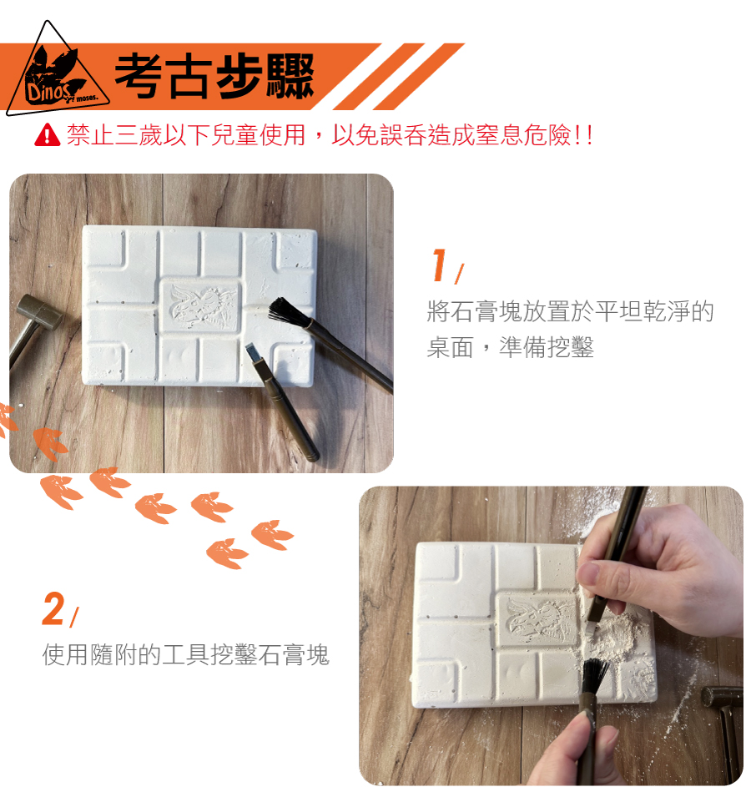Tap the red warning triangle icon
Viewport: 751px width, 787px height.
pyautogui.click(x=48, y=134)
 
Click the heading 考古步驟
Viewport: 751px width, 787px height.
pyautogui.click(x=214, y=76)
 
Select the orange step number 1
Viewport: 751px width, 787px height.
pyautogui.click(x=440, y=265)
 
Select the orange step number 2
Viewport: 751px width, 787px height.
pyautogui.click(x=53, y=609)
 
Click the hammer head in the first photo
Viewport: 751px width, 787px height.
pyautogui.click(x=39, y=311)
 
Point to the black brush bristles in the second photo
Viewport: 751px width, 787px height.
pyautogui.click(x=594, y=676)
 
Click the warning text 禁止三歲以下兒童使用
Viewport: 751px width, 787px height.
pyautogui.click(x=186, y=135)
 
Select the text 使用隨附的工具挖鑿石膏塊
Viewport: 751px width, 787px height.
pyautogui.click(x=185, y=654)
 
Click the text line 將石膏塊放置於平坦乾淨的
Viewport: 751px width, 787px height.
pyautogui.click(x=570, y=311)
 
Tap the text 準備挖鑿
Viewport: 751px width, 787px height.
pyautogui.click(x=547, y=347)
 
